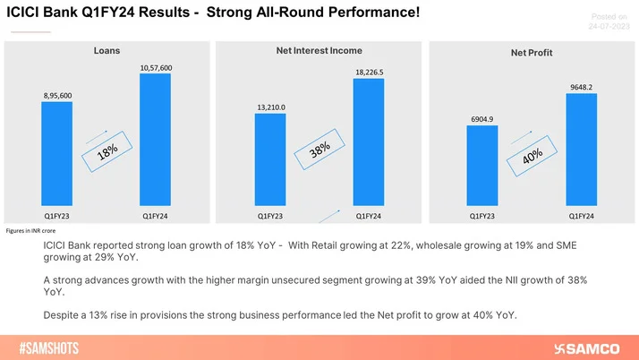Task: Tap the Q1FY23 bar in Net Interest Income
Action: click(269, 160)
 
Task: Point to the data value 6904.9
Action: click(481, 118)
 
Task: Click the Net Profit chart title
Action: click(531, 53)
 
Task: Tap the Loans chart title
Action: click(106, 51)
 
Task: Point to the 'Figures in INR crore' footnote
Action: click(30, 230)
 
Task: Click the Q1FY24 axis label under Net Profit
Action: click(581, 216)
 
